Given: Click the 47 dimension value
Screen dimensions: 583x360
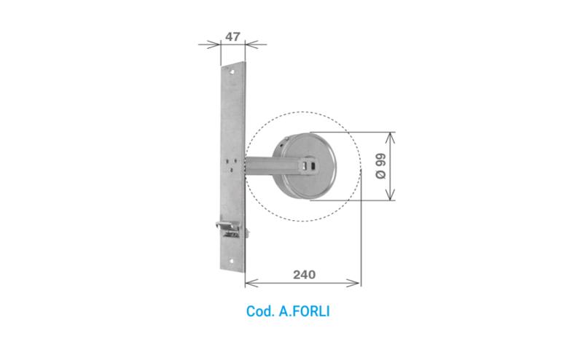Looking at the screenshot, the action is [x=232, y=37].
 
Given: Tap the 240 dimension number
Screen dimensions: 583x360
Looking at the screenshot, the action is [x=304, y=275].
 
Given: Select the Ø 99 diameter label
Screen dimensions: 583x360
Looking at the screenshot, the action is [x=380, y=166].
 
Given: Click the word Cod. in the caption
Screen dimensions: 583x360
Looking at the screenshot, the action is [x=260, y=311].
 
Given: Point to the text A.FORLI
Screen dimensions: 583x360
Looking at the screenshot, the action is [x=304, y=311].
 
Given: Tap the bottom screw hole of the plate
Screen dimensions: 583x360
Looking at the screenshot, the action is [x=231, y=261].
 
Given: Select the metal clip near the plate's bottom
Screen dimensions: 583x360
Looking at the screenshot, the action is [x=231, y=229].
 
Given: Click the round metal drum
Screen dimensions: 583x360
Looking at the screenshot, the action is [x=304, y=166].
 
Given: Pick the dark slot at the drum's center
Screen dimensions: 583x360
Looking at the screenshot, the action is [x=310, y=166].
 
